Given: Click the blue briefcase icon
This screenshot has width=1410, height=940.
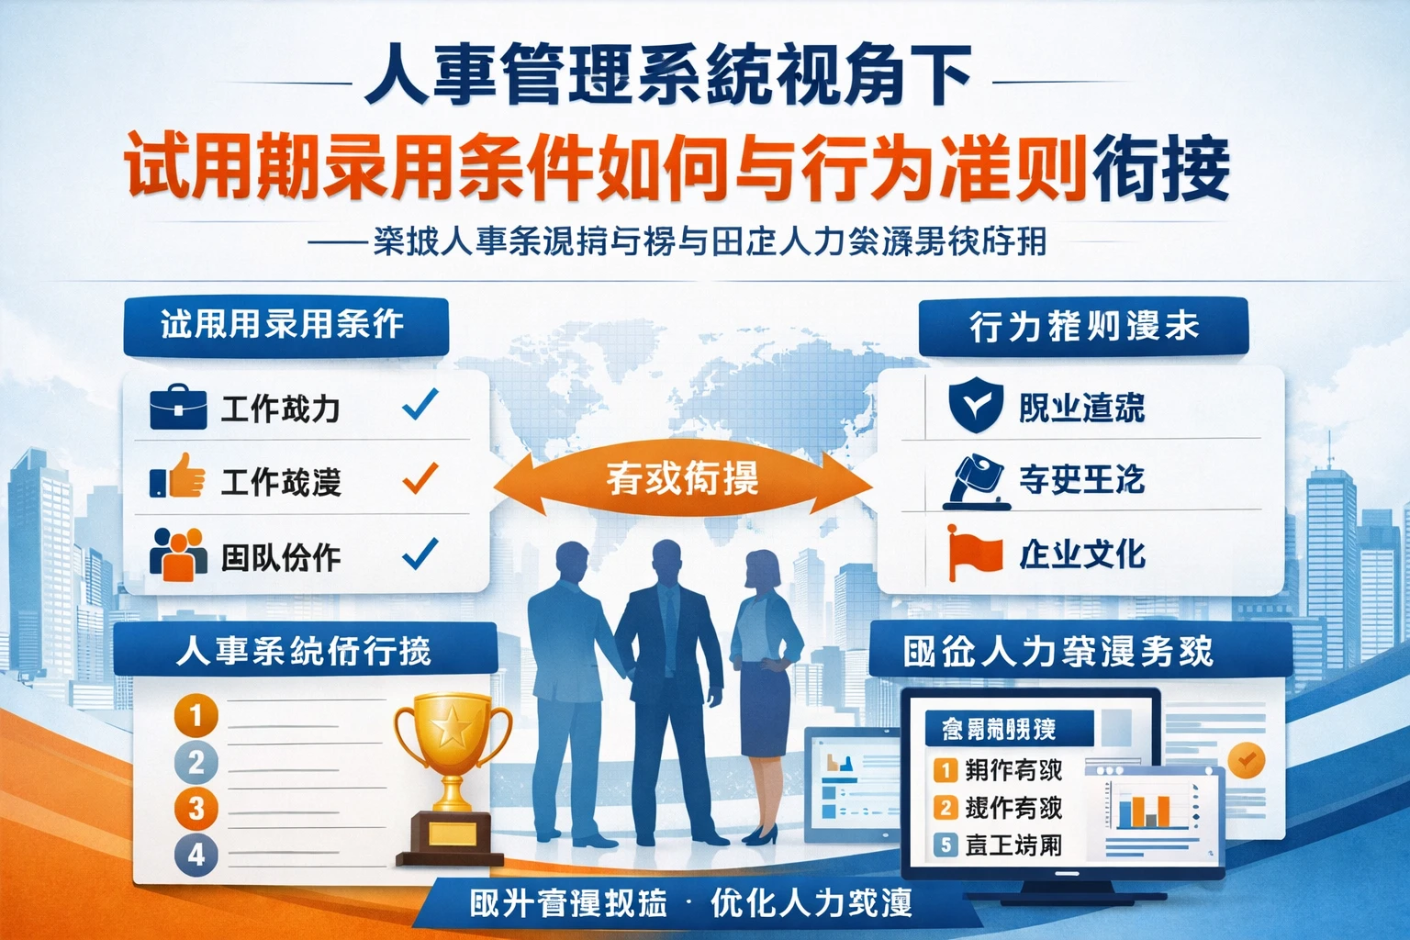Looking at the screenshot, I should point(178,408).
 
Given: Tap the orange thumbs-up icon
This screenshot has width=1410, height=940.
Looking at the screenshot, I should point(178,476).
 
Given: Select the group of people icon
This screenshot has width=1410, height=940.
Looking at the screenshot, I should point(178,554).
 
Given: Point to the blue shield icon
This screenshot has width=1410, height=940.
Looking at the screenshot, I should point(975,406).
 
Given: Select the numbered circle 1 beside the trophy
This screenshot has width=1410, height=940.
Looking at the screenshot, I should point(196,715).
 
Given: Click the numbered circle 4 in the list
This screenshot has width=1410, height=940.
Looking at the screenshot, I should point(196,856).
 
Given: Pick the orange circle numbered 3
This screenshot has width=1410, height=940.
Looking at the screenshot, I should point(196,809).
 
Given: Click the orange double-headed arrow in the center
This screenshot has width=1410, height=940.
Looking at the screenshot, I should point(681,480).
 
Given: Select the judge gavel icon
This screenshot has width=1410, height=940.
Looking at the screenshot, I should point(977,480).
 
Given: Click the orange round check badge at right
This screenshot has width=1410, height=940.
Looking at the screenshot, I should point(1246,761).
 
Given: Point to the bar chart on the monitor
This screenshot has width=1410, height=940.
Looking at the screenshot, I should point(1144,811).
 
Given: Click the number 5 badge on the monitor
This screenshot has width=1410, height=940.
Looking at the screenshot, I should point(946,844).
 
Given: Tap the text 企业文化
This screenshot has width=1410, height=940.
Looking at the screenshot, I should point(1083,554).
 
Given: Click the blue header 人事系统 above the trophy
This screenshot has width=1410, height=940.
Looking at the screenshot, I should point(304,651).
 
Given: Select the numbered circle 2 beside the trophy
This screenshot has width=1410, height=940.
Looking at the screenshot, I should point(196,762).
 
